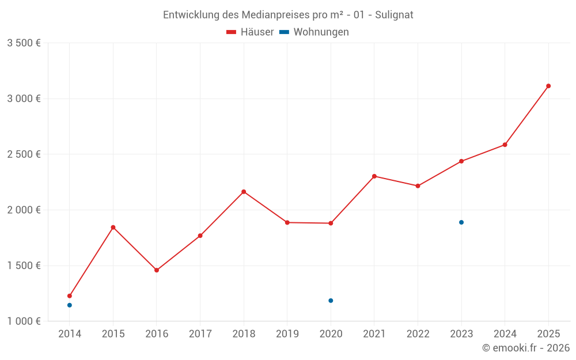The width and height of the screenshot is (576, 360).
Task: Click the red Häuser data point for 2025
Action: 548,86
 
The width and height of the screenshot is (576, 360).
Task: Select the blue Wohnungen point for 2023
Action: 461,222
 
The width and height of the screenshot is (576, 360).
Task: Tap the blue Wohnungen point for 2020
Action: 331,301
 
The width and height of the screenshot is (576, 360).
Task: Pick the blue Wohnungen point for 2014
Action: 70,305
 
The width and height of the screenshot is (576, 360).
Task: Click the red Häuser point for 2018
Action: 244,192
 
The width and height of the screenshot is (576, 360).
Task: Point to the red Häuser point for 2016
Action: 157,270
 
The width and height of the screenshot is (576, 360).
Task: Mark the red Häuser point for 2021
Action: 374,176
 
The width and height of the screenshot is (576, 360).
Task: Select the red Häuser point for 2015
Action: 113,228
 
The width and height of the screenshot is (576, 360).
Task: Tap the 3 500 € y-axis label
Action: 24,43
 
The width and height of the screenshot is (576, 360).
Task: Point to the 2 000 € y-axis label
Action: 24,210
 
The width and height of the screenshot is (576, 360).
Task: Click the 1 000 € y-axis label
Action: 24,321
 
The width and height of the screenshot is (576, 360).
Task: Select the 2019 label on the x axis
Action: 287,334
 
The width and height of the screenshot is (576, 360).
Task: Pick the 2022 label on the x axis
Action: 418,334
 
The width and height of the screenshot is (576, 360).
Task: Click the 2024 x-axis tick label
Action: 505,334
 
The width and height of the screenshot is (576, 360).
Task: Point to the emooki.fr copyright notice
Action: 525,348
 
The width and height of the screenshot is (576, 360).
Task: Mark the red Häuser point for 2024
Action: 505,145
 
